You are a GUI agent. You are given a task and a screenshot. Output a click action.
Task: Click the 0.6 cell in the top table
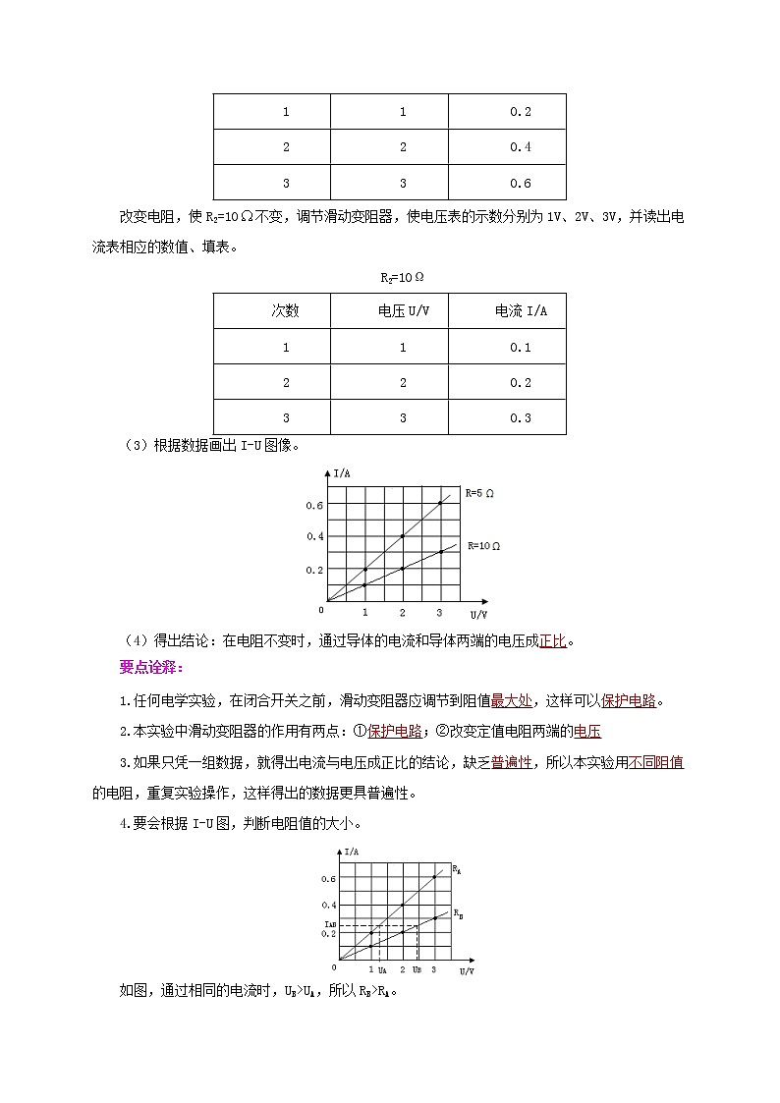click(x=520, y=184)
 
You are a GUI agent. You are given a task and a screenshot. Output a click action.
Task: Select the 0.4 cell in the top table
click(x=520, y=147)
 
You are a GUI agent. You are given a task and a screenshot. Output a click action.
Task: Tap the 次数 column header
click(x=286, y=311)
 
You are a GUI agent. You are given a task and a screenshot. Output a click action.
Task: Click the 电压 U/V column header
click(x=403, y=311)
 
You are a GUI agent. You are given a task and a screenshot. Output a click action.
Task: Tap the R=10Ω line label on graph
click(x=482, y=545)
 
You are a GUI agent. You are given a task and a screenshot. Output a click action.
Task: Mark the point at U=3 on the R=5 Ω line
click(x=440, y=503)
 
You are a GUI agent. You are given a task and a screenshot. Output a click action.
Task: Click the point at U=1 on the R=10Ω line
click(x=365, y=585)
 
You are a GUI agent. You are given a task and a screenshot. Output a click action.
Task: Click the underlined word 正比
click(x=553, y=642)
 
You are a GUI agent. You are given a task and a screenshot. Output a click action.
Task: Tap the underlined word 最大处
click(x=512, y=701)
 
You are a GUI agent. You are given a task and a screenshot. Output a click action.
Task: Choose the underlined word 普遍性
click(x=512, y=762)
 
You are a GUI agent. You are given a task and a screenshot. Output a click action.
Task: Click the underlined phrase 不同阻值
click(x=657, y=762)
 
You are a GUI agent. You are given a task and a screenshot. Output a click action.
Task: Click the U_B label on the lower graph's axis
click(x=418, y=970)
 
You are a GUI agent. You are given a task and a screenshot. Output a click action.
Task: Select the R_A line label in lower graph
click(x=457, y=869)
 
